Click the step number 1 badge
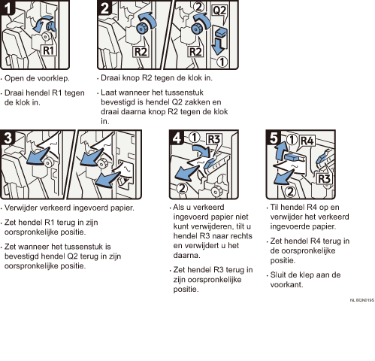(7, 8)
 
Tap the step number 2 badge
(104, 8)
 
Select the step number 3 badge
(8, 138)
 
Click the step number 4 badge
(177, 138)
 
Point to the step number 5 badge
(274, 138)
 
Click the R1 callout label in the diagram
(49, 50)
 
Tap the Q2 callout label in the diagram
(219, 11)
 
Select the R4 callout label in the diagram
(307, 141)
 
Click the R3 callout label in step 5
(325, 179)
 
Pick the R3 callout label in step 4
(214, 139)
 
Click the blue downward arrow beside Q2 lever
(218, 46)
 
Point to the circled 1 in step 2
(222, 62)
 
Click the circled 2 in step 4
(182, 188)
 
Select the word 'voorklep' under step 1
(52, 78)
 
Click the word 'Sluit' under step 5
(278, 275)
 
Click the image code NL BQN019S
(362, 300)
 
